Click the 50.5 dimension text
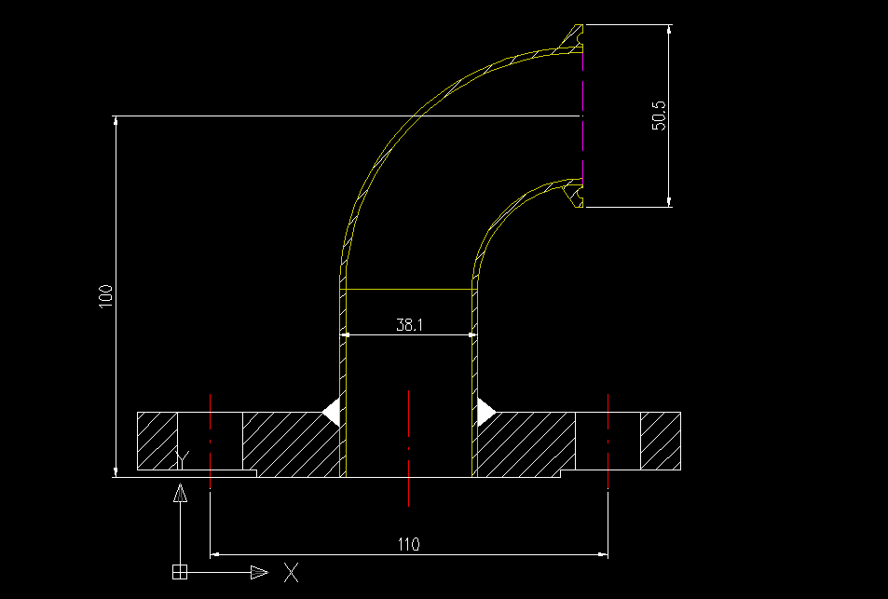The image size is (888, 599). pyautogui.click(x=659, y=115)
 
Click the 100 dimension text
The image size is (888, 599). pyautogui.click(x=106, y=296)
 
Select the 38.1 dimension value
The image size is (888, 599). pyautogui.click(x=409, y=325)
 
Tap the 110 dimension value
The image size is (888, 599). pyautogui.click(x=409, y=544)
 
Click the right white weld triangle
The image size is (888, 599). pyautogui.click(x=485, y=411)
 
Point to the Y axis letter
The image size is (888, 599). pyautogui.click(x=183, y=459)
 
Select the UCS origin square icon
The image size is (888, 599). pyautogui.click(x=180, y=571)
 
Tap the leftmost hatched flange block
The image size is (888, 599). pyautogui.click(x=157, y=441)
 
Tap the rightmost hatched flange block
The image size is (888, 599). pyautogui.click(x=660, y=441)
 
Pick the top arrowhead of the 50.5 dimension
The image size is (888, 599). pyautogui.click(x=669, y=32)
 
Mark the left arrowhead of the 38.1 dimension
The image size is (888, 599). pyautogui.click(x=346, y=334)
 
